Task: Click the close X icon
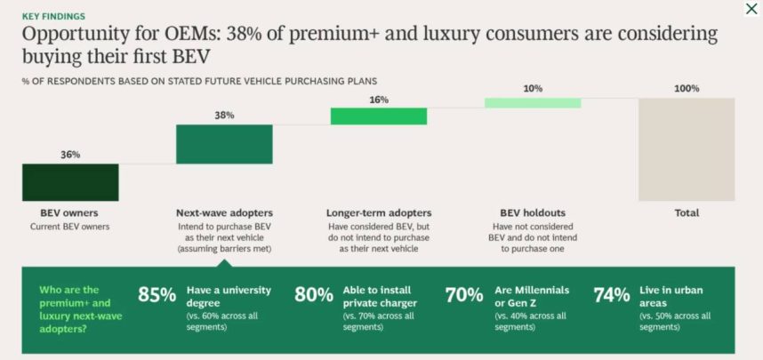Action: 751,9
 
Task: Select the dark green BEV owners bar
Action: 70,182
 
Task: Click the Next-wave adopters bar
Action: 224,144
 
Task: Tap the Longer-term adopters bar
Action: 378,116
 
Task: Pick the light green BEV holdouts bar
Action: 533,103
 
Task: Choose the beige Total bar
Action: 687,149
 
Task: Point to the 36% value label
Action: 70,155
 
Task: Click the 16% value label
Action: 379,100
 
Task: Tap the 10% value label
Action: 533,89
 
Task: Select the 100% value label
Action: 687,89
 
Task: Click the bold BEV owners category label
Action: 69,213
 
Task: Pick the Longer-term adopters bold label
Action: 379,213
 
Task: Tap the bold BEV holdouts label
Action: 533,213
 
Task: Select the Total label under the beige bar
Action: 687,213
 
